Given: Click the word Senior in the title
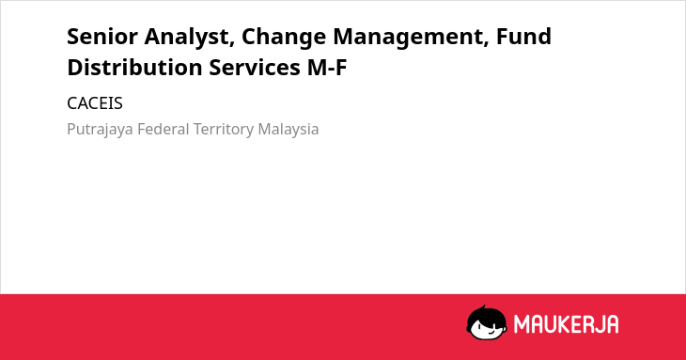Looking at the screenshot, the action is (102, 37).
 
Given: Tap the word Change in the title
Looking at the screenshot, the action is (284, 38).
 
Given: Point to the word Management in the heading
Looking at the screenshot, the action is (411, 38).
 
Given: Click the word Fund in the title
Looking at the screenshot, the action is (523, 37).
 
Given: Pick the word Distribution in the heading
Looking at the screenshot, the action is (134, 68).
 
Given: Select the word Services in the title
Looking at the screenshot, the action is (255, 68).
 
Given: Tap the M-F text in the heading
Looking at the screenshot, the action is (327, 68).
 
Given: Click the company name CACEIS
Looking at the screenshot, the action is (95, 103).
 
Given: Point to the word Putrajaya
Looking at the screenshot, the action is (100, 130).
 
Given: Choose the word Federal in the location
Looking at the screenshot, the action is (164, 129).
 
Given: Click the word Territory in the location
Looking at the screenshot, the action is (224, 130).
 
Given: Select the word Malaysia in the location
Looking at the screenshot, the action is (288, 130).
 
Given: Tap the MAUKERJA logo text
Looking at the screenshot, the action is (566, 324).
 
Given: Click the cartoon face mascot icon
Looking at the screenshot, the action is (487, 322).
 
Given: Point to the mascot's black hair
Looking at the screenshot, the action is (486, 315).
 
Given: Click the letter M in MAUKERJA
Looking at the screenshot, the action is (522, 324).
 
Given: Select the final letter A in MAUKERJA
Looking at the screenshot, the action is (613, 324).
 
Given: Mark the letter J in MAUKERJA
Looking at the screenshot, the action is (599, 324).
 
